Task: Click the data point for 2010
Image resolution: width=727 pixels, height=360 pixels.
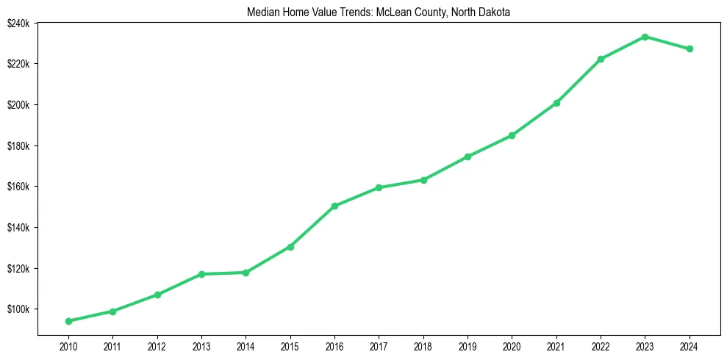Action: pos(68,321)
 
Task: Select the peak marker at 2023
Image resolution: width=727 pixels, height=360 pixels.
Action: pos(645,37)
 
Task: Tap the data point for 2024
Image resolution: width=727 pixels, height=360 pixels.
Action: pos(690,49)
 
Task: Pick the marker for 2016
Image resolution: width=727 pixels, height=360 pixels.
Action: pos(334,206)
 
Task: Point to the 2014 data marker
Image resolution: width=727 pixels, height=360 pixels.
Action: pos(246,273)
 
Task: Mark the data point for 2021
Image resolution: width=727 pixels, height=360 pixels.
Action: pos(556,103)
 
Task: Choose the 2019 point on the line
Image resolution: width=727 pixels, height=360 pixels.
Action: pos(468,156)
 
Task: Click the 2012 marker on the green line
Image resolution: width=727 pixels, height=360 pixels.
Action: pos(157,295)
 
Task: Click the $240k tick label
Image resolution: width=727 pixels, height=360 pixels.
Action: pos(18,23)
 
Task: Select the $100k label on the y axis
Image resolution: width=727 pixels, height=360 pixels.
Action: pos(18,309)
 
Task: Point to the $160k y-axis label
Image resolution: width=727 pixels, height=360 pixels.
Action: pos(18,187)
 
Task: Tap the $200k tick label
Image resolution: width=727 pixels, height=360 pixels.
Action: pos(18,104)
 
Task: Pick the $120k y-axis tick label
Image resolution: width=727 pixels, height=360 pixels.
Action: pos(18,268)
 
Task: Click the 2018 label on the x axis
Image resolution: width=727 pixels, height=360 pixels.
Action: pos(423,345)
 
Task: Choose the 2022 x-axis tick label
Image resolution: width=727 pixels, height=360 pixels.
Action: pos(601,345)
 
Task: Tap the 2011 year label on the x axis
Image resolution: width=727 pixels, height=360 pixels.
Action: pos(112,345)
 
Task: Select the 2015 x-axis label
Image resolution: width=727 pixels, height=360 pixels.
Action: pos(290,345)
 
